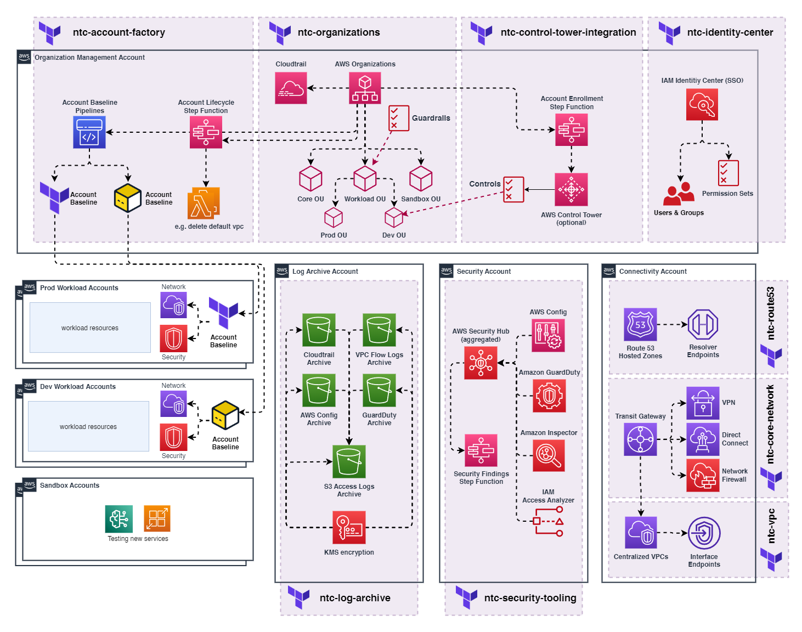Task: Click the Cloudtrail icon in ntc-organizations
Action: click(x=291, y=88)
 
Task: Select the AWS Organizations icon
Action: click(x=365, y=88)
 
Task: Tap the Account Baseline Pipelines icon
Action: click(x=89, y=132)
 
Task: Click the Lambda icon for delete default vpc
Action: click(x=204, y=204)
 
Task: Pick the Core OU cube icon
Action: click(x=310, y=178)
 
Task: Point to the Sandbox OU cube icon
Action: click(x=421, y=178)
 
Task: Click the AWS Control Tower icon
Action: click(x=571, y=190)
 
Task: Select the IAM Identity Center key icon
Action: click(x=702, y=104)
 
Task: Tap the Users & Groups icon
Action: click(x=679, y=194)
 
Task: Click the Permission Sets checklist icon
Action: click(x=728, y=173)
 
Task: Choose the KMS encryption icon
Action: click(x=349, y=527)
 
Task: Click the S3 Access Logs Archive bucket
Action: click(x=349, y=461)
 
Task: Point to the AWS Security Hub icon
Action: click(x=481, y=363)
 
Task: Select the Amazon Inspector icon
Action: click(x=549, y=455)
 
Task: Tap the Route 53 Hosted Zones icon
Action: click(x=640, y=325)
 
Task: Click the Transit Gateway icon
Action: click(x=640, y=439)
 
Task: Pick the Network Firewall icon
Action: click(x=703, y=475)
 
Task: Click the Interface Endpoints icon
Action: click(x=704, y=533)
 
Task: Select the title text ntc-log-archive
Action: click(x=355, y=598)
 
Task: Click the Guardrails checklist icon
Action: click(x=399, y=118)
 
